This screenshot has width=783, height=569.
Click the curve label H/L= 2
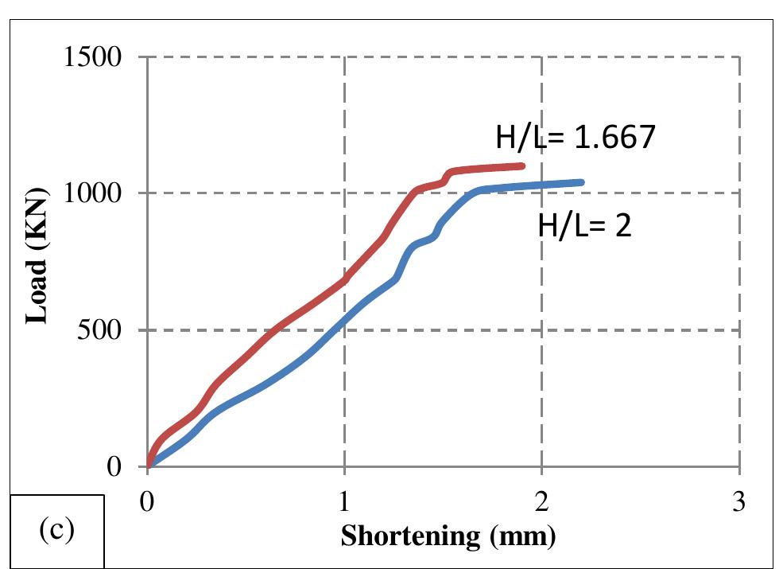pos(584,228)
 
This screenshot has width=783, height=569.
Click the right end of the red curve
pos(522,166)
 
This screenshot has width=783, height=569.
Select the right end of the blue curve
pos(582,182)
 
